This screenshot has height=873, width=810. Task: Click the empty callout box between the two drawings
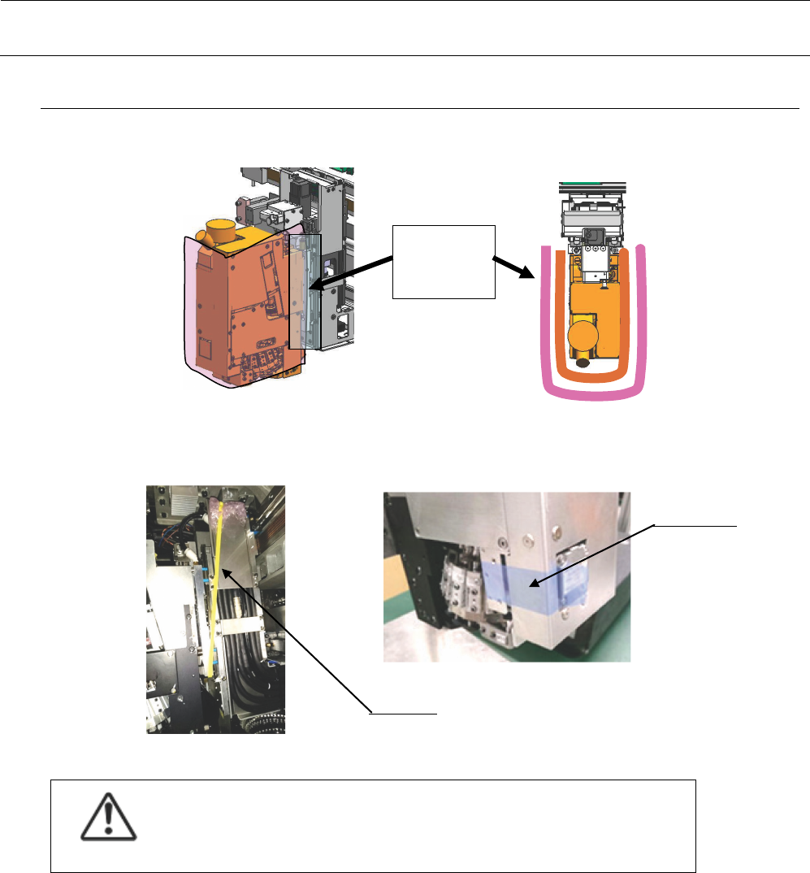click(x=444, y=261)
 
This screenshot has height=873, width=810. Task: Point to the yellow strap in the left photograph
click(x=215, y=585)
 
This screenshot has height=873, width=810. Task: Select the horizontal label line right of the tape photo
click(x=696, y=525)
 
